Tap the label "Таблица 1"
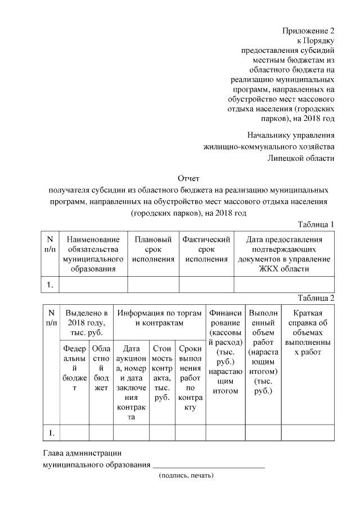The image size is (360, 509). [316, 224]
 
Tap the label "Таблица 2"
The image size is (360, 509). [316, 298]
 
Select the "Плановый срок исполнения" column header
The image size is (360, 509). [153, 250]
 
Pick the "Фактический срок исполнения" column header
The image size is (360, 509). [206, 250]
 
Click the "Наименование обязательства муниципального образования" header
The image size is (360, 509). [93, 254]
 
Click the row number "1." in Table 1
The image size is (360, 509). [50, 285]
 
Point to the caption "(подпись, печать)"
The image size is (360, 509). [186, 475]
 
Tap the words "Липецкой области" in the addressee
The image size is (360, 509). [301, 158]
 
